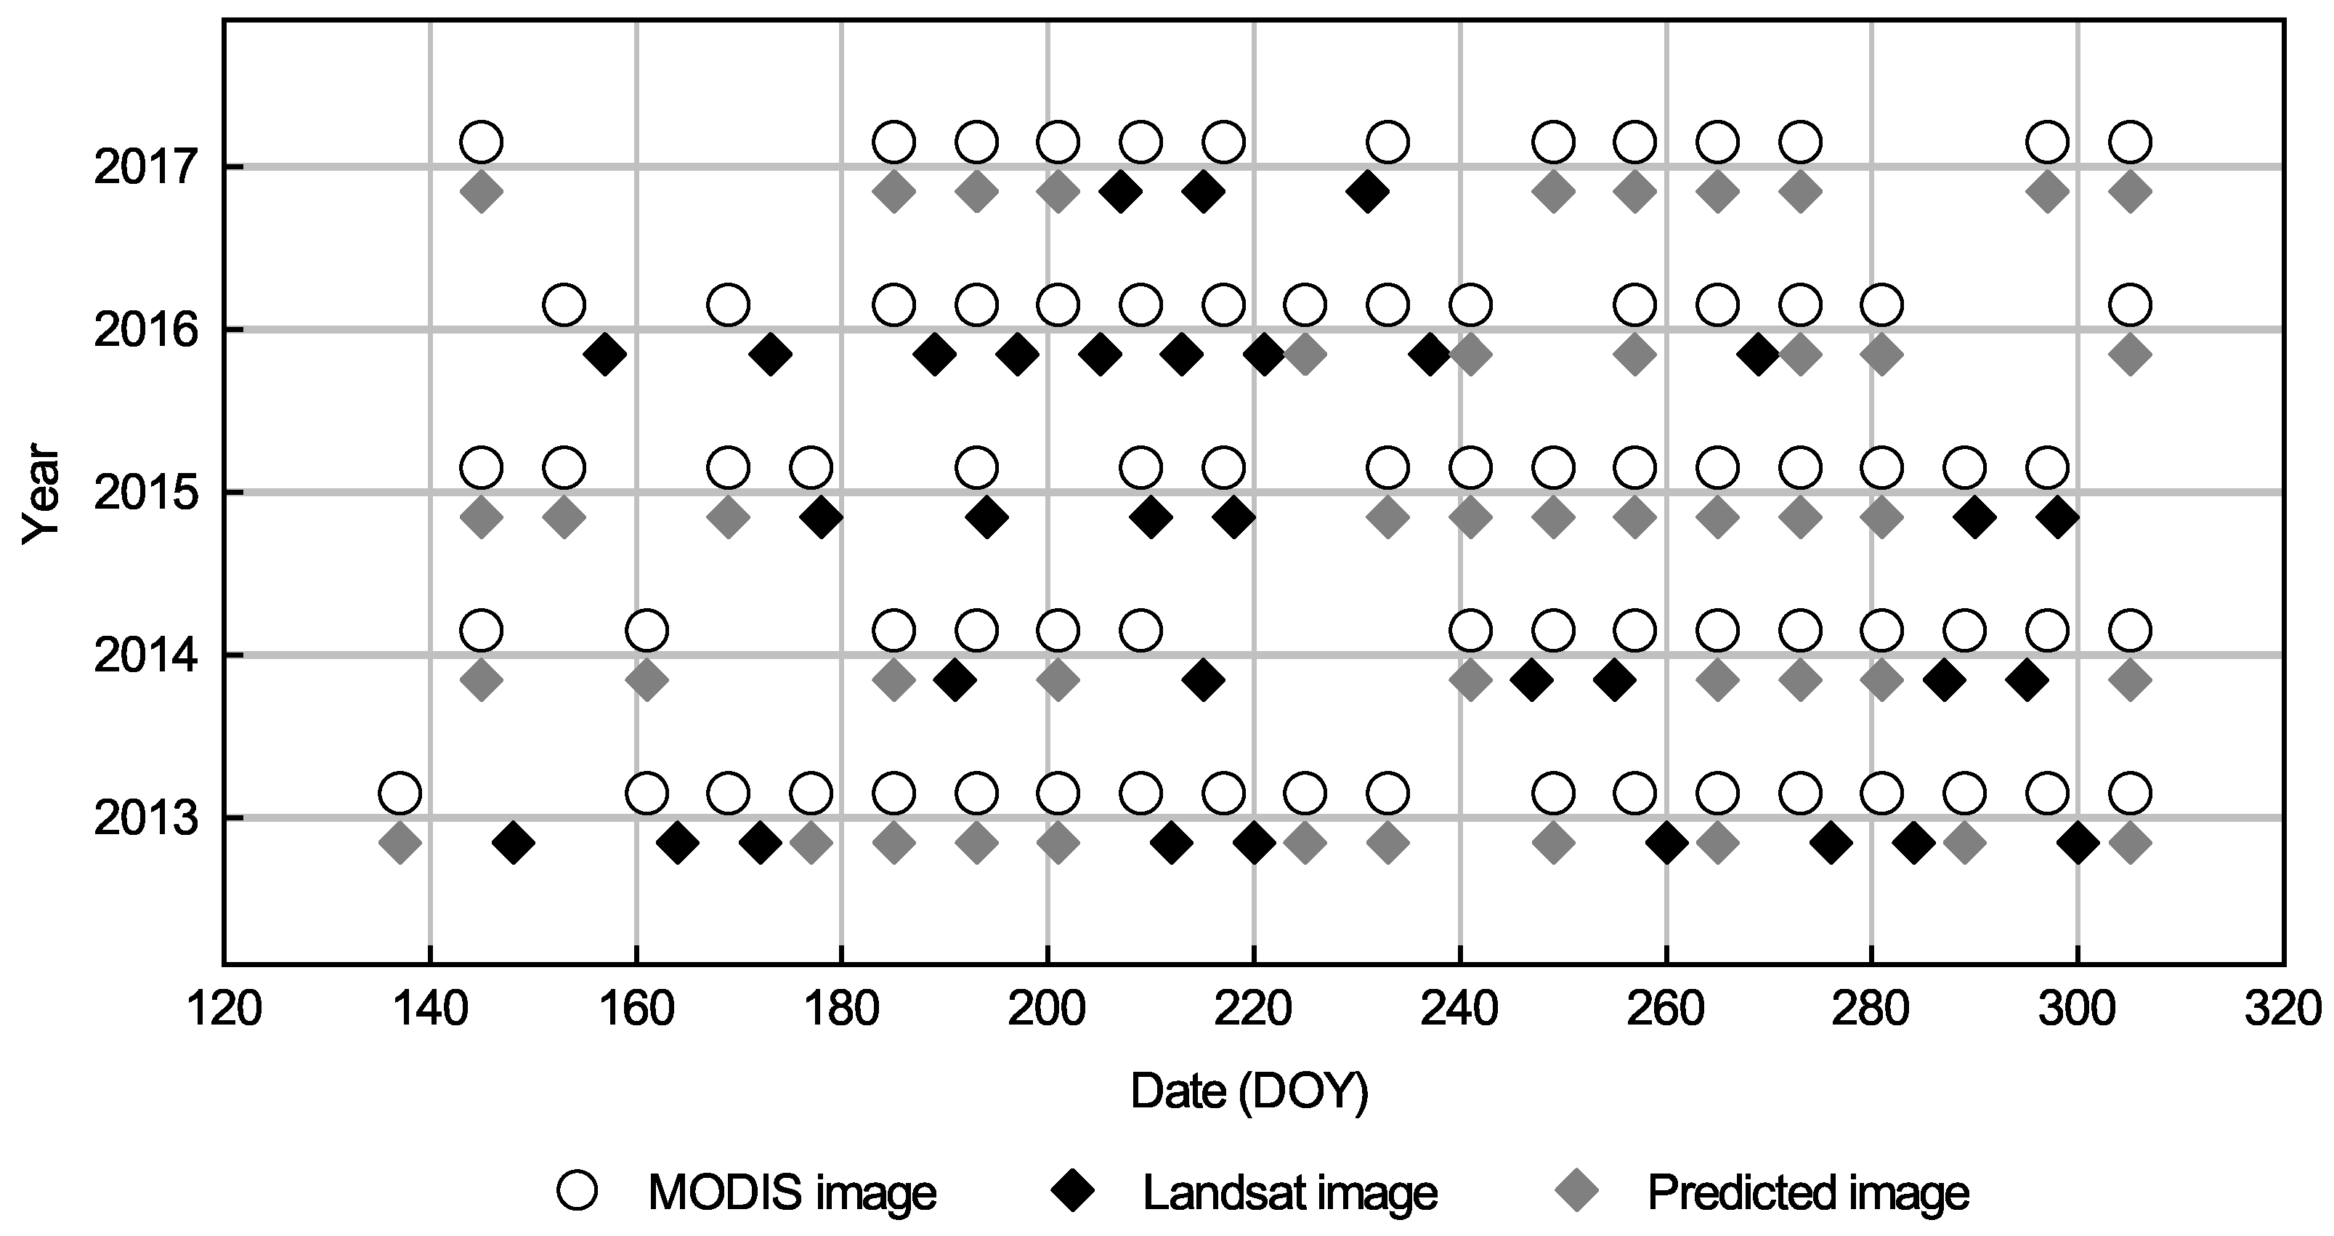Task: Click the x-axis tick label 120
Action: tap(224, 1009)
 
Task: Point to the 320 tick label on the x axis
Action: tap(2282, 1009)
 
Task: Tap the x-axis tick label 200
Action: tap(1048, 1009)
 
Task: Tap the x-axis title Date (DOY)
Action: tap(1249, 1092)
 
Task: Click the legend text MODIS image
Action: tap(792, 1193)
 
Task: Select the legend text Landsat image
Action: tap(1290, 1193)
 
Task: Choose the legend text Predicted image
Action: tap(1807, 1193)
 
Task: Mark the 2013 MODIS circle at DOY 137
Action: tap(400, 793)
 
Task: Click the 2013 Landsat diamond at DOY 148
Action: tap(513, 844)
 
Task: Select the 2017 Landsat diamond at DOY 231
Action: tap(1367, 191)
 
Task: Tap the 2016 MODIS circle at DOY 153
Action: tap(564, 304)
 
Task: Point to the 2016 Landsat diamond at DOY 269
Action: tap(1759, 355)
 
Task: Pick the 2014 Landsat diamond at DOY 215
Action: tap(1202, 679)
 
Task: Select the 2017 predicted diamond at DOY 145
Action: tap(482, 191)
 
